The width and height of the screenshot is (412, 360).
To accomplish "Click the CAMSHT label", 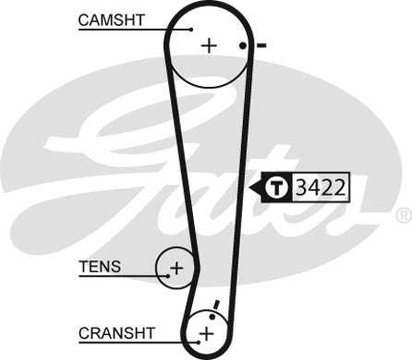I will coord(112,19).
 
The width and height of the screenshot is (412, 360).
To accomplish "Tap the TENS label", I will coord(99,268).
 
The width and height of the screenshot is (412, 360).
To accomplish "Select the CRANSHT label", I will coord(115,331).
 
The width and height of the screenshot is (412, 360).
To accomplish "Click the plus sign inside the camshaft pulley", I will coord(209,44).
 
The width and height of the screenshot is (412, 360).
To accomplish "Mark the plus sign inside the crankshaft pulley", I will coord(207,332).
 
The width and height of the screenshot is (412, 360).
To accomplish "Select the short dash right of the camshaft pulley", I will coord(261,44).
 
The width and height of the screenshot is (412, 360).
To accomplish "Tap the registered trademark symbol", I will coord(403,215).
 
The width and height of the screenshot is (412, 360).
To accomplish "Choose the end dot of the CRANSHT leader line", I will coord(196,341).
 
